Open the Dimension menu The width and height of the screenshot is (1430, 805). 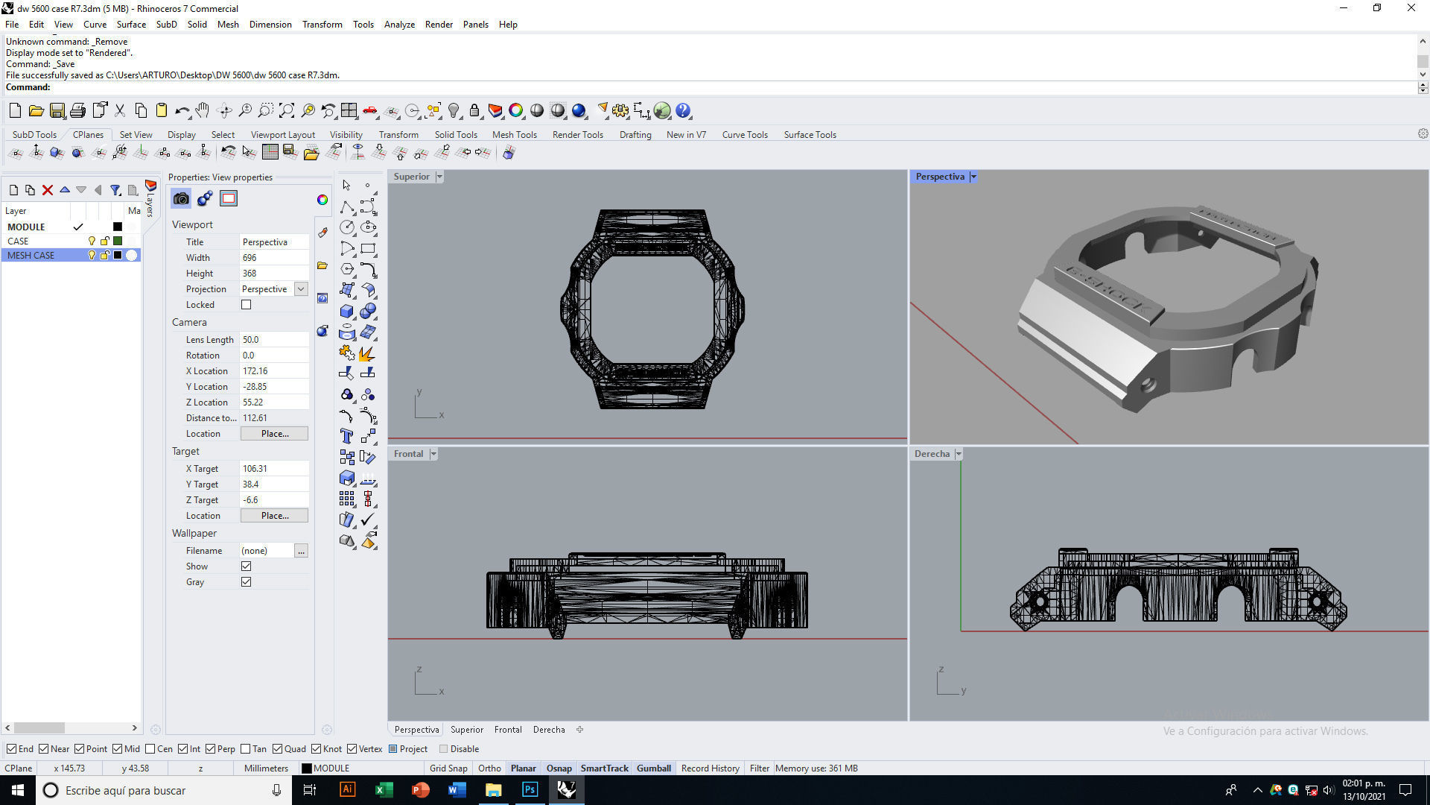(x=270, y=25)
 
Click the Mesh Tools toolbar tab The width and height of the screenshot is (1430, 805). (x=514, y=135)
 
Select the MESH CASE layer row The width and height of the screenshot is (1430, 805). (x=31, y=255)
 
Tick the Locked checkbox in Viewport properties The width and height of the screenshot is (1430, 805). (x=247, y=305)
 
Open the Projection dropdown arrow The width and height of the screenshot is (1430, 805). (x=301, y=289)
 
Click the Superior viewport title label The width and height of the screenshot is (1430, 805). (x=411, y=177)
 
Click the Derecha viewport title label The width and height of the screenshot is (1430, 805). (x=932, y=454)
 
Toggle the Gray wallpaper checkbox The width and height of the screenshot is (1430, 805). (x=247, y=582)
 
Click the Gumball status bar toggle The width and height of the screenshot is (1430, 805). (x=653, y=768)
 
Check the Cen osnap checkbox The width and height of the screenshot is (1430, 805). (x=150, y=749)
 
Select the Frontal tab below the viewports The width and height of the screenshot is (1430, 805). (x=508, y=730)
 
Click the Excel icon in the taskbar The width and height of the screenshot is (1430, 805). (x=384, y=790)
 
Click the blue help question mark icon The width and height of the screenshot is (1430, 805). (x=683, y=111)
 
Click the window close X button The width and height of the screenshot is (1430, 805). (x=1411, y=8)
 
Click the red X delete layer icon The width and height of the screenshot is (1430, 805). (x=48, y=190)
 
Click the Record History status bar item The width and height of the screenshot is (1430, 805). (x=710, y=768)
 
